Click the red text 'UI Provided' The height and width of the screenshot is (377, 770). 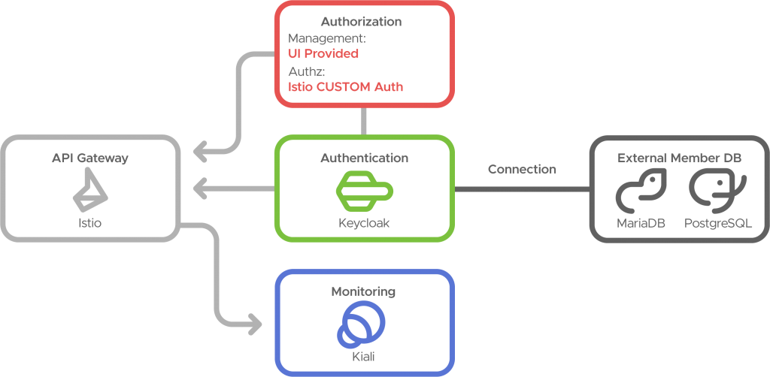click(x=323, y=54)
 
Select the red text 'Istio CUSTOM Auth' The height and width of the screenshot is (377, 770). click(x=346, y=86)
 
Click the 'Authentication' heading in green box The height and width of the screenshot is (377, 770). click(x=364, y=158)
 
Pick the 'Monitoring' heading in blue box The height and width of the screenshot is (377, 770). click(x=363, y=291)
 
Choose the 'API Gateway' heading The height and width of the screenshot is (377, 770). click(x=90, y=158)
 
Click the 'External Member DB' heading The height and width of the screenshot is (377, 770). click(x=679, y=158)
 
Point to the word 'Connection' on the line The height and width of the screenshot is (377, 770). click(x=522, y=170)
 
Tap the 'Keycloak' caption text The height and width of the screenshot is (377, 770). click(x=364, y=223)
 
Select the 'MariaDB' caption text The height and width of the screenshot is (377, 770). click(x=641, y=223)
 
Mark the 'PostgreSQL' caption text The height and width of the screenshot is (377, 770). click(x=717, y=223)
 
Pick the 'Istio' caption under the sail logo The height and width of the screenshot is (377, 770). click(x=89, y=223)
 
